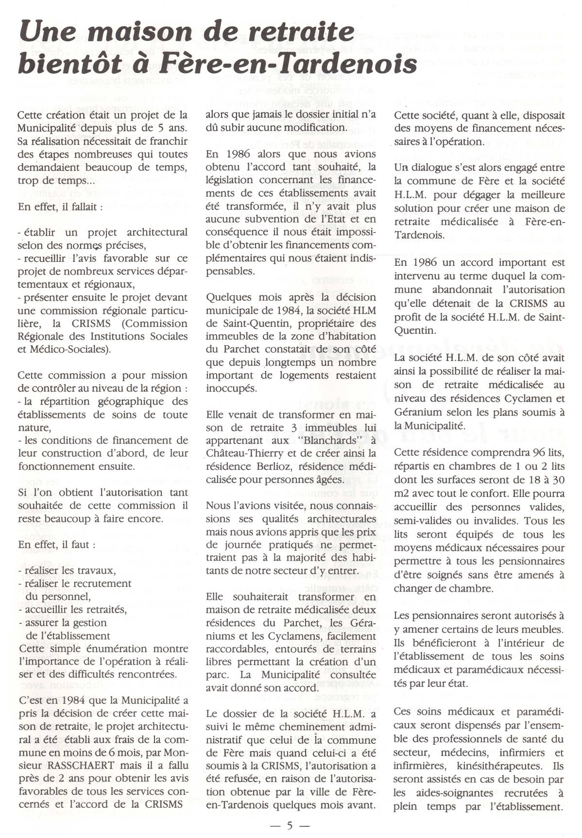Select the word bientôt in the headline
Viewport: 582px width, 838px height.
pos(71,63)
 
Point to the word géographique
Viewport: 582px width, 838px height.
pos(125,402)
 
